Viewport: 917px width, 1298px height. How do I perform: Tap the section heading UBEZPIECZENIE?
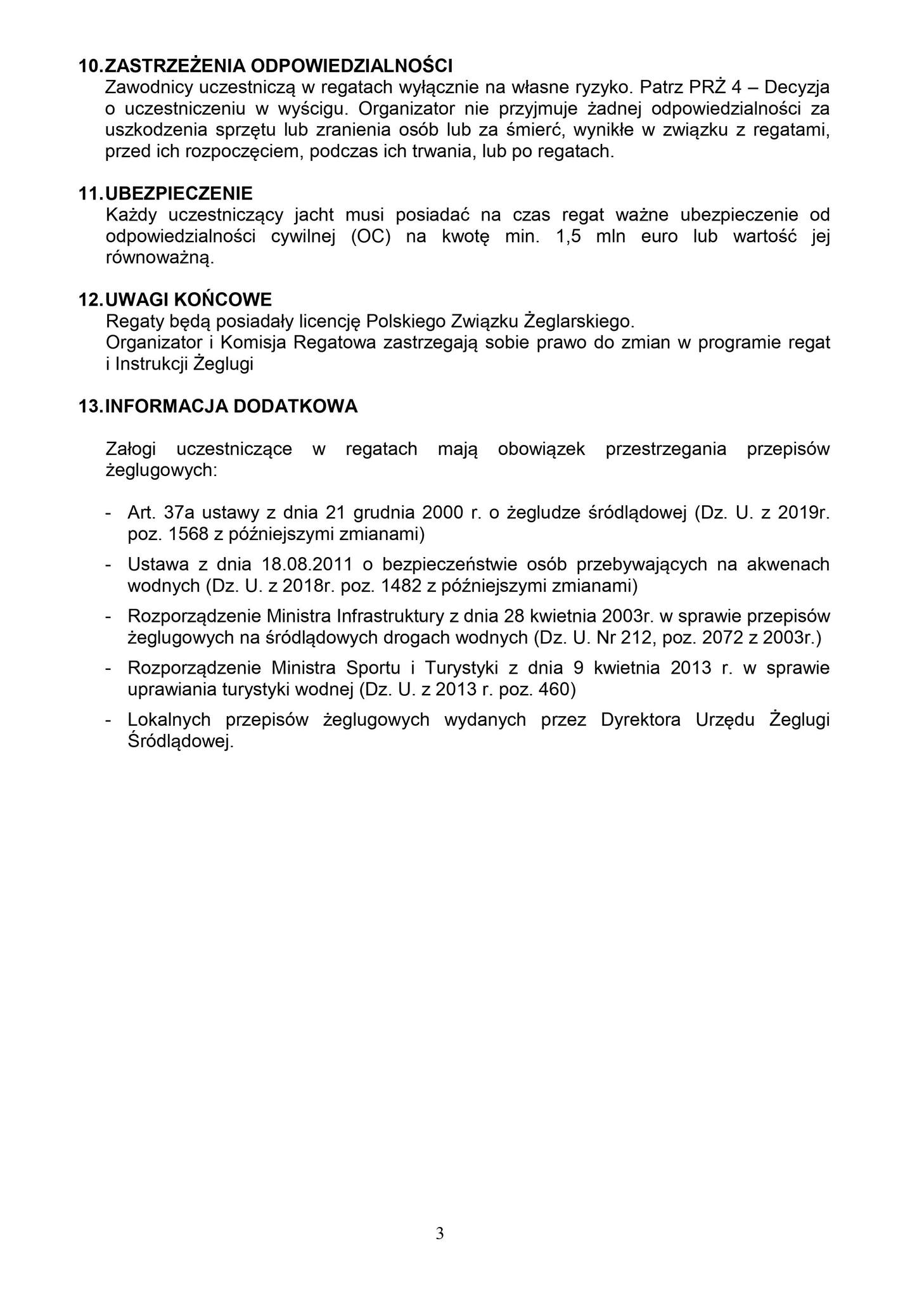click(x=178, y=193)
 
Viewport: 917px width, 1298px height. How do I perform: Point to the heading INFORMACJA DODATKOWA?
click(x=231, y=406)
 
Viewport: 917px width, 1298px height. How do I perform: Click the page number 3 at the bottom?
click(x=440, y=1233)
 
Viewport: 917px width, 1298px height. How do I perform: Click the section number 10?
click(x=89, y=65)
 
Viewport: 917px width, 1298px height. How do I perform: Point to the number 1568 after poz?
click(x=188, y=534)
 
